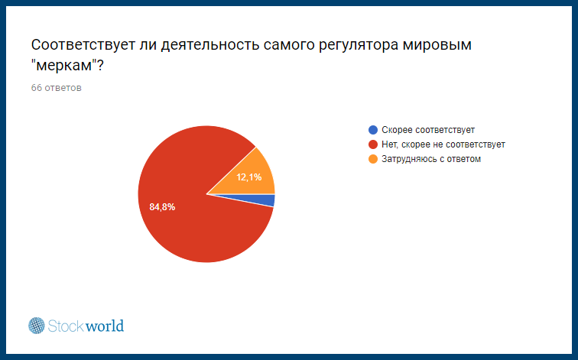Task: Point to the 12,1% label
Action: point(248,177)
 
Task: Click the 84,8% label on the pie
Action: point(162,207)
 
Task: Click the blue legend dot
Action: point(373,130)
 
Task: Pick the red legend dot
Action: point(373,144)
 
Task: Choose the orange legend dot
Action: point(373,159)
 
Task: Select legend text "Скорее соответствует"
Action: point(428,130)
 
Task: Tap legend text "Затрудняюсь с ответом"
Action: point(431,159)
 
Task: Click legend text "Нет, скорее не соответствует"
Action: point(443,144)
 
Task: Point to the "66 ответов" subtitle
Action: point(56,88)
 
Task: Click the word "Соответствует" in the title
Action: point(83,45)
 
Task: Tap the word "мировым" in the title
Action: point(437,45)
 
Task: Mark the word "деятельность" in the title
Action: point(212,45)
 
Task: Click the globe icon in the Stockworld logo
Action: point(37,326)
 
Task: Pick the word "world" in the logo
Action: point(105,326)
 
